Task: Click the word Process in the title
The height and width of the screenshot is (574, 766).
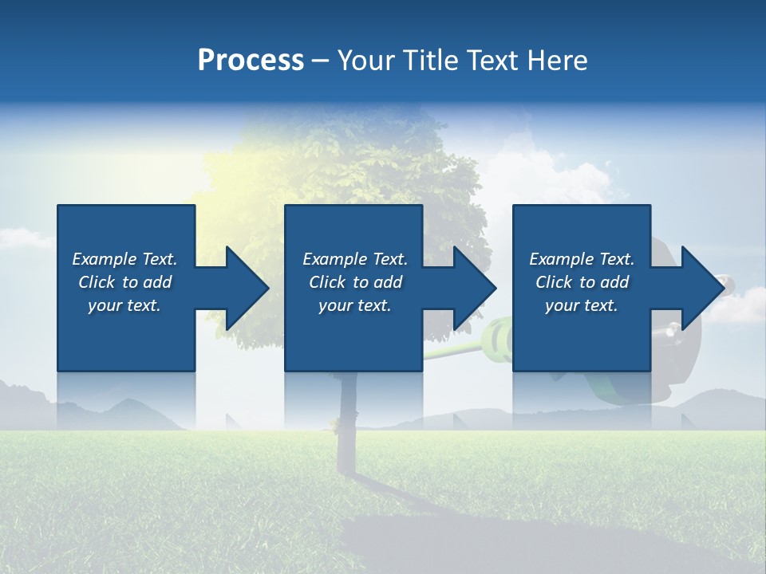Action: coord(251,61)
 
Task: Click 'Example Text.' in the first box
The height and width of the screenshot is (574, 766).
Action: coord(124,259)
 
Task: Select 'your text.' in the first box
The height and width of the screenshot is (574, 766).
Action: coord(124,305)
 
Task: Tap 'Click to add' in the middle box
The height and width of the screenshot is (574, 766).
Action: coord(355,282)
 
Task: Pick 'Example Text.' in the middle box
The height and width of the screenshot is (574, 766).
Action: coord(355,259)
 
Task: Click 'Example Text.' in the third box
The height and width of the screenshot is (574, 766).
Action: coord(582,259)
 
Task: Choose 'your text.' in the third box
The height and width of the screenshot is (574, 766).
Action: coord(582,305)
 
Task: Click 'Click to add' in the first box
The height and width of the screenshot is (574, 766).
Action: coord(124,282)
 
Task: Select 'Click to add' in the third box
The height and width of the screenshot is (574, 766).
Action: coord(582,282)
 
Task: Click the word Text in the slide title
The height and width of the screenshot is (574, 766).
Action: coord(490,61)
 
